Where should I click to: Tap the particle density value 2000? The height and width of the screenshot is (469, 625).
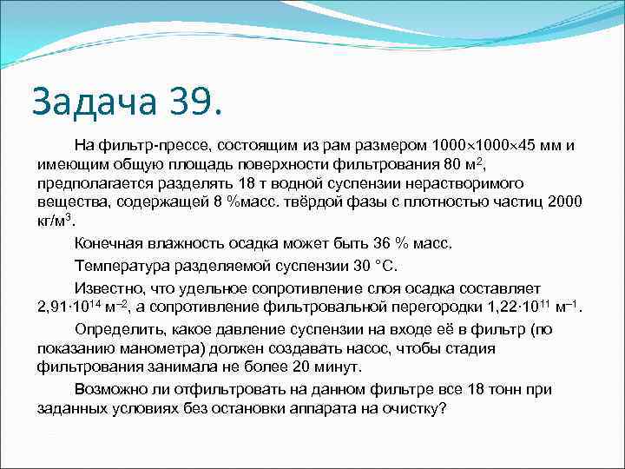[x=563, y=201]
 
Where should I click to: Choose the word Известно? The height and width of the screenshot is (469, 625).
[x=109, y=288]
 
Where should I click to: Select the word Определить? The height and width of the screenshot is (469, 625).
[x=117, y=330]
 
